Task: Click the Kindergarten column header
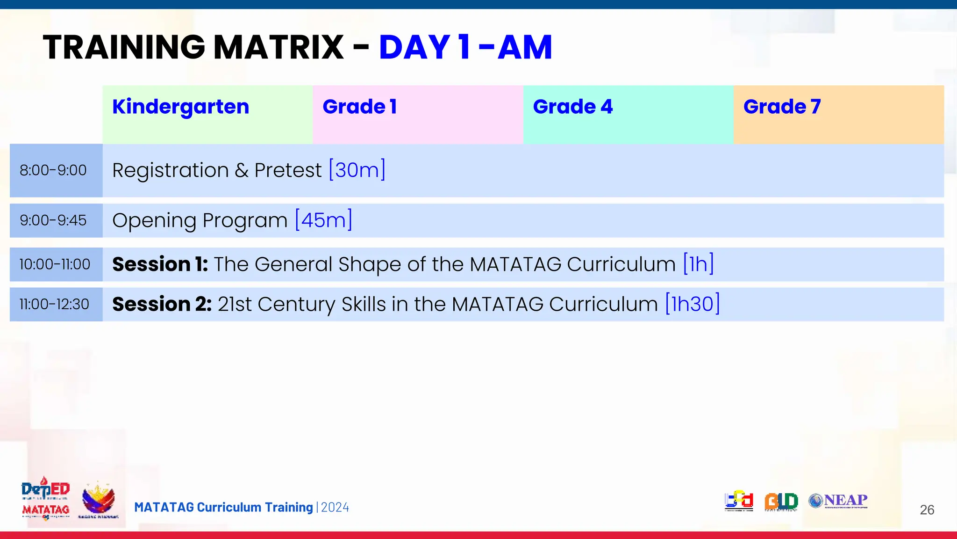pos(181,107)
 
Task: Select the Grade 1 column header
pos(359,107)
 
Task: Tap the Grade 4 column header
pos(572,107)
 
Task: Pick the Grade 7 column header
pos(782,107)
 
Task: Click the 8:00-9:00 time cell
pos(53,170)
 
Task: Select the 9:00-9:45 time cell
pos(53,220)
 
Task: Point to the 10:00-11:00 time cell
pos(55,264)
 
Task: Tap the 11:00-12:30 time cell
pos(54,305)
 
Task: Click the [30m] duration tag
pos(357,170)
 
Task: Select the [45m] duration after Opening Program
pos(323,220)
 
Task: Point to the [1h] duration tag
pos(698,264)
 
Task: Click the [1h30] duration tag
pos(692,304)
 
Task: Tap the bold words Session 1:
pos(160,264)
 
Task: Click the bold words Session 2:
pos(162,305)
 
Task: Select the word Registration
pos(171,170)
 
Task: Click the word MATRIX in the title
pos(279,47)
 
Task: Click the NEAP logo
pos(838,501)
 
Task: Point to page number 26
pos(927,510)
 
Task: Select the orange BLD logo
pos(781,502)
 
